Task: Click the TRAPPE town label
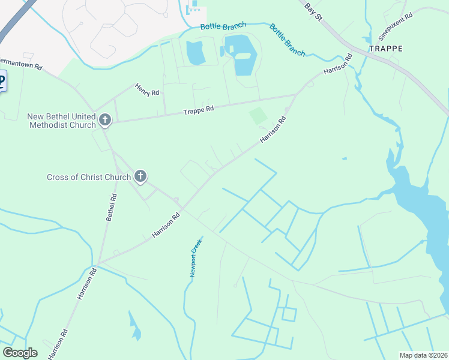tap(386, 48)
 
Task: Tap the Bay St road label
tap(314, 11)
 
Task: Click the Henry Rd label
tap(147, 89)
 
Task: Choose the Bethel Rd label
tap(111, 207)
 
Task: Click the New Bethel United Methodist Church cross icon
tap(105, 121)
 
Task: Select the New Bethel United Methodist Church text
tap(62, 121)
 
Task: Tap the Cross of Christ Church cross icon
tap(140, 176)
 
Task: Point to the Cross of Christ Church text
tap(89, 177)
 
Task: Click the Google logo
tap(20, 352)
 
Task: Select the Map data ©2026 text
tap(423, 355)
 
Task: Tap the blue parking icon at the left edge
tap(2, 81)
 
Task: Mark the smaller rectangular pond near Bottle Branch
tap(196, 54)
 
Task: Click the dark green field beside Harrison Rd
tap(258, 115)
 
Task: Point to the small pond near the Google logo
tap(135, 328)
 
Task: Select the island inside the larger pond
tap(243, 56)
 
